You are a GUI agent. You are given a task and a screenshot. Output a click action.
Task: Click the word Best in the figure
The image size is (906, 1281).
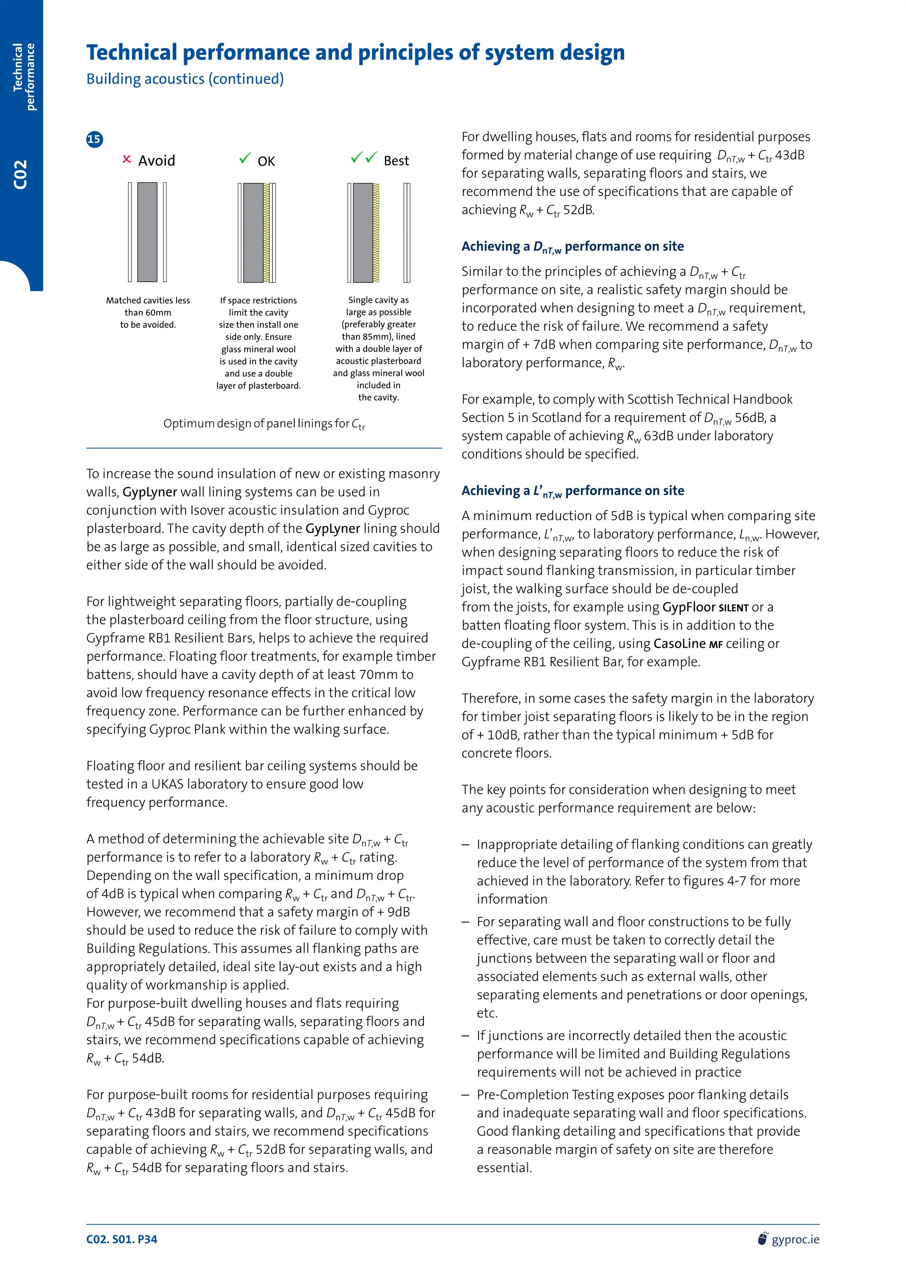pyautogui.click(x=396, y=161)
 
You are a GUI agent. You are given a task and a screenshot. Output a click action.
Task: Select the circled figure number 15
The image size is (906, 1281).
pyautogui.click(x=94, y=139)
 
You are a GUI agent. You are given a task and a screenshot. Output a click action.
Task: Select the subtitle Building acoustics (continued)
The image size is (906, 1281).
pyautogui.click(x=184, y=79)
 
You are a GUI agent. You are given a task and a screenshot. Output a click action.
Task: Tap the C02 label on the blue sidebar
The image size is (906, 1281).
pyautogui.click(x=21, y=175)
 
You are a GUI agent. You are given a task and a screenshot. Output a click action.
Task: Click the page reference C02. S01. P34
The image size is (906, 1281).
pyautogui.click(x=122, y=1239)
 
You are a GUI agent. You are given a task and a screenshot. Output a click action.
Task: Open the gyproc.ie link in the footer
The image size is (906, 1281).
pyautogui.click(x=795, y=1239)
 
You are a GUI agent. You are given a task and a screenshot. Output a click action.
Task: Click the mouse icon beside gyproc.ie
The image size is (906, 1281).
pyautogui.click(x=763, y=1239)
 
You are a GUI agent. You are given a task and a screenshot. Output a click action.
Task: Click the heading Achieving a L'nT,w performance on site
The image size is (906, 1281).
pyautogui.click(x=572, y=491)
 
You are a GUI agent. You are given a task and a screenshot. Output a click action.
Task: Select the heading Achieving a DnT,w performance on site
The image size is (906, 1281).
pyautogui.click(x=572, y=247)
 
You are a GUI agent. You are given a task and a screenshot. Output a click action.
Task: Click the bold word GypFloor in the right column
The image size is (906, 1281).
pyautogui.click(x=688, y=607)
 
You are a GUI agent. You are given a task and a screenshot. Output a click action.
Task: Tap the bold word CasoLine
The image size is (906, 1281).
pyautogui.click(x=679, y=643)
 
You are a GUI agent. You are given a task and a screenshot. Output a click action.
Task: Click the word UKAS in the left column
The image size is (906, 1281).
pyautogui.click(x=167, y=784)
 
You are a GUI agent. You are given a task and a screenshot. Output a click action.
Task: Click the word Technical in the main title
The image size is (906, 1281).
pyautogui.click(x=132, y=53)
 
